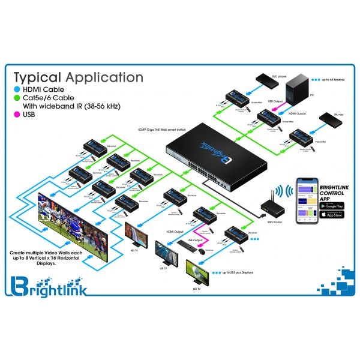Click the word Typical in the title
pos(37,78)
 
